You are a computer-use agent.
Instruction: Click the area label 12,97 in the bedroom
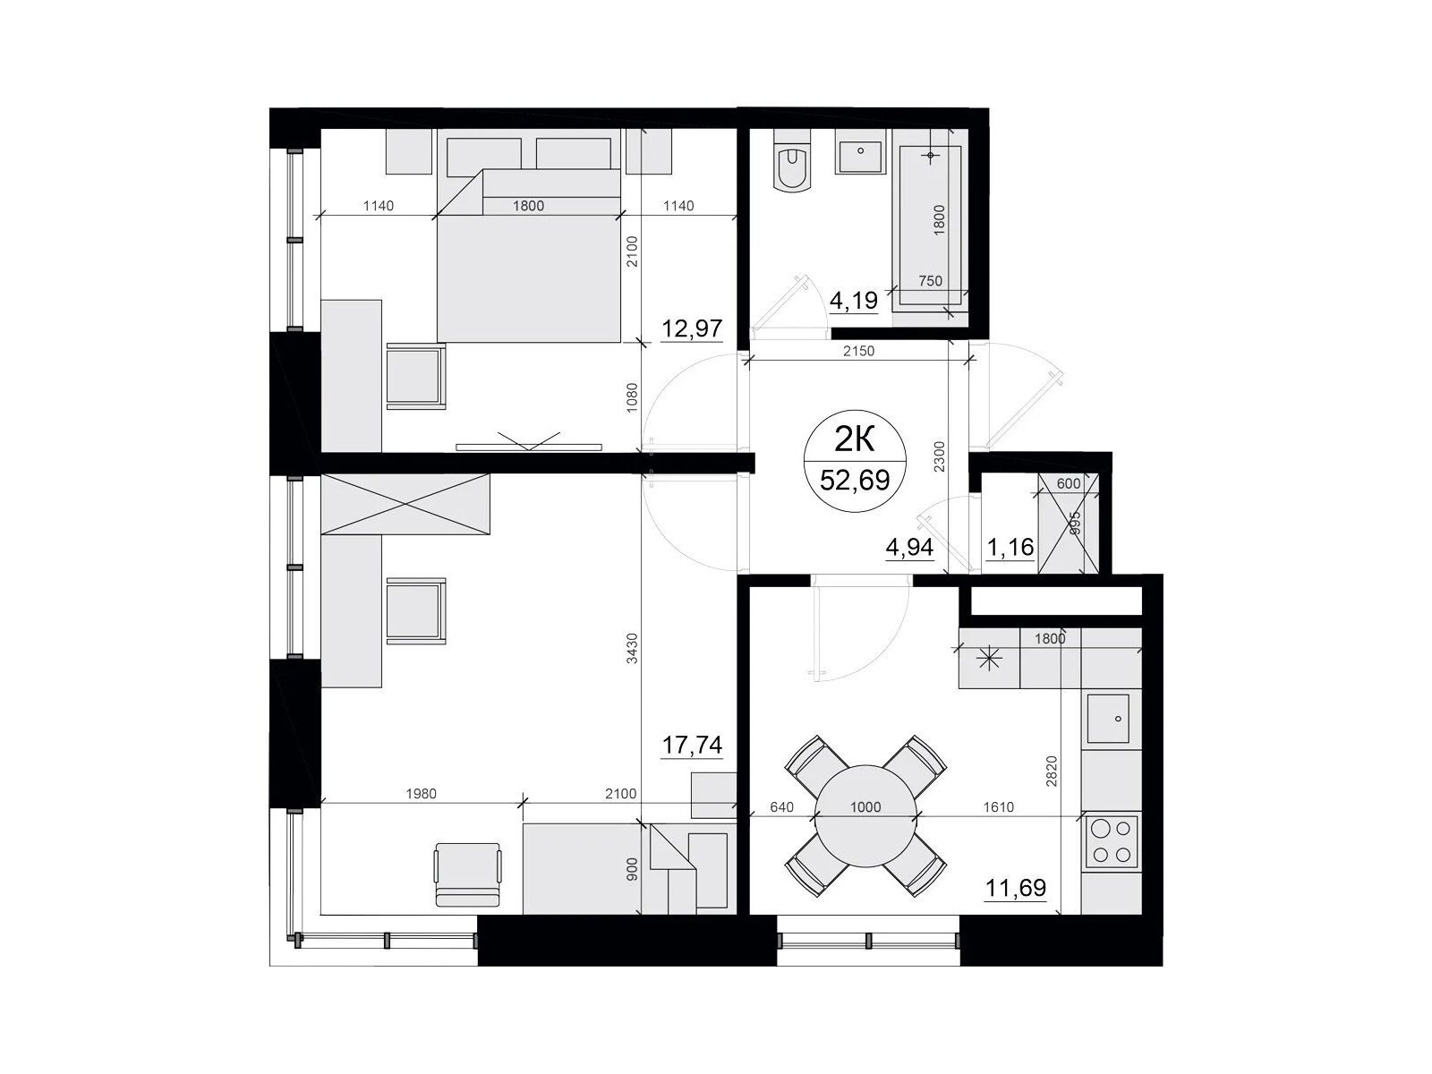(x=692, y=328)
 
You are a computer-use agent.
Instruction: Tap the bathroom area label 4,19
(x=853, y=301)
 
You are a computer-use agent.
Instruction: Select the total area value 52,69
(x=855, y=481)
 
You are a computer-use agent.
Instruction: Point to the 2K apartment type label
(x=855, y=441)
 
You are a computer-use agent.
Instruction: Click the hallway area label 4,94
(x=909, y=548)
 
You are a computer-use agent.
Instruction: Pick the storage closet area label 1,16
(x=1010, y=548)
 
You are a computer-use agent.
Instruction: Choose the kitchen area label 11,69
(x=1016, y=888)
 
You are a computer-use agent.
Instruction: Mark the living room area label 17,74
(x=692, y=744)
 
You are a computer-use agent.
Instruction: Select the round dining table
(x=865, y=815)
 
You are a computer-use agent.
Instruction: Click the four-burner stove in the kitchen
(x=1112, y=841)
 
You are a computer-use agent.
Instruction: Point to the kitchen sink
(x=1108, y=718)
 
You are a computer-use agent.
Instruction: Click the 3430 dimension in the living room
(x=632, y=648)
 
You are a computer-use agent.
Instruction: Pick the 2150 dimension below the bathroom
(x=858, y=351)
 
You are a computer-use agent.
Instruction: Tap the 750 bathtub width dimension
(x=930, y=280)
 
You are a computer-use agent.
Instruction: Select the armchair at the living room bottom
(x=467, y=874)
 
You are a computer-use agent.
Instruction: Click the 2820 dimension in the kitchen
(x=1051, y=771)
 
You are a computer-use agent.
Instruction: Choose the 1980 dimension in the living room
(x=421, y=794)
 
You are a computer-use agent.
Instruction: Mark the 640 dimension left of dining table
(x=781, y=807)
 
